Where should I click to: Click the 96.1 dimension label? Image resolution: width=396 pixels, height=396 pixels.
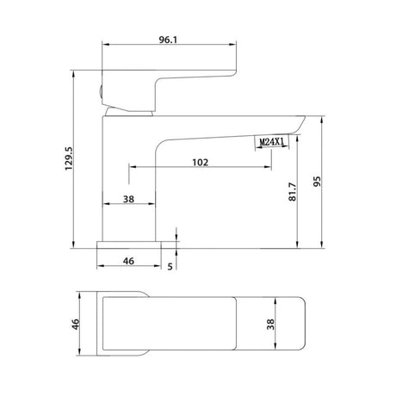(x=168, y=40)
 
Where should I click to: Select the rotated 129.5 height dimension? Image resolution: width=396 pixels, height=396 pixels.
(x=69, y=158)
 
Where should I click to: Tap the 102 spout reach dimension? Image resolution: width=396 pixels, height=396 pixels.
(x=200, y=163)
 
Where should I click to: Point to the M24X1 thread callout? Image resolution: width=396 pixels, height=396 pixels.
(x=271, y=141)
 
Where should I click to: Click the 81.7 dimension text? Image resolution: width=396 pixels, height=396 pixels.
(x=292, y=191)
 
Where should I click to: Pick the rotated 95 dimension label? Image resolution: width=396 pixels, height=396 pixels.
(x=317, y=182)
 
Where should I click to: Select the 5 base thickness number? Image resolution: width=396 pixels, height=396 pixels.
(x=170, y=267)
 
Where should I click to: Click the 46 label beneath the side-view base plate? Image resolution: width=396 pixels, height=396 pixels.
(x=128, y=261)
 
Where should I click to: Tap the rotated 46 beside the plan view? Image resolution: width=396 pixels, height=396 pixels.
(x=75, y=324)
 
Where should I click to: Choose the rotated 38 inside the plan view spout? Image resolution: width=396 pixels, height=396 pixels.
(x=270, y=324)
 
